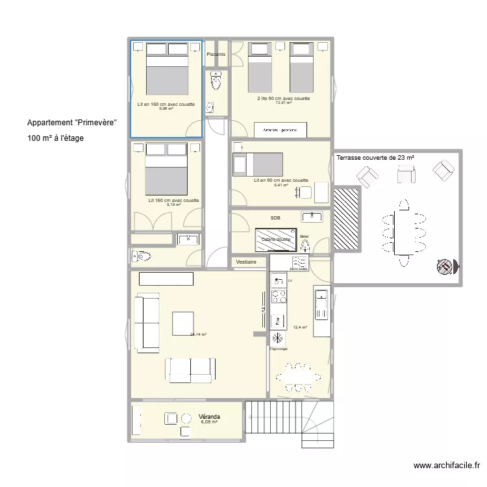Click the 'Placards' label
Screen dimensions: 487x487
coord(216,55)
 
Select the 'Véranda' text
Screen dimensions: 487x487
coord(209,416)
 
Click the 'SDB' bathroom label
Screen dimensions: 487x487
coord(275,218)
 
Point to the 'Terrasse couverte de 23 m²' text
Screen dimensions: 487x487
coord(375,158)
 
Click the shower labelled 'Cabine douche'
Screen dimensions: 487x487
coord(276,238)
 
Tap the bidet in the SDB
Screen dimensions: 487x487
coord(305,244)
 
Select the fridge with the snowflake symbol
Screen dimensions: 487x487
coord(278,338)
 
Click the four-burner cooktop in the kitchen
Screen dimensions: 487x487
coord(279,297)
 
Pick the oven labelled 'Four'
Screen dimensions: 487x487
coord(278,320)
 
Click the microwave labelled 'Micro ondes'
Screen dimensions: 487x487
coord(299,262)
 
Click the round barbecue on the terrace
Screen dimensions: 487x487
coord(445,266)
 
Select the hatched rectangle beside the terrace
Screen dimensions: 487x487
coord(346,218)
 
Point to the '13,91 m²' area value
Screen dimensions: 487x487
coord(283,103)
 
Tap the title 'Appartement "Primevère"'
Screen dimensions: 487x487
coord(71,123)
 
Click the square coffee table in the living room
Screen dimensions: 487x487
coord(183,323)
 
